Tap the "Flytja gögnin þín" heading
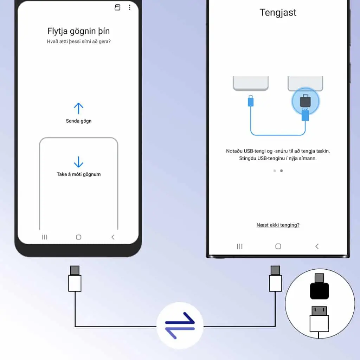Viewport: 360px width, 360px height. click(x=78, y=31)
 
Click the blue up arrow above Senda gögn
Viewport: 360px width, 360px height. click(x=78, y=108)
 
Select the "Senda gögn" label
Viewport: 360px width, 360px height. click(x=78, y=121)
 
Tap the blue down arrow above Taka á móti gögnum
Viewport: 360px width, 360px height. click(x=78, y=162)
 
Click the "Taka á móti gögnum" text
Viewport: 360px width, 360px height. click(x=78, y=174)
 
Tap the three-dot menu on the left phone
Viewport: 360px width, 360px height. click(x=130, y=7)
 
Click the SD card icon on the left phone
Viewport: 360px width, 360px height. click(x=117, y=7)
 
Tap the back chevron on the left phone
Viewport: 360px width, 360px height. click(x=113, y=237)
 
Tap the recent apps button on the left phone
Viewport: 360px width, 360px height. click(x=45, y=237)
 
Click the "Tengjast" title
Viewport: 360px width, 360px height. click(x=278, y=13)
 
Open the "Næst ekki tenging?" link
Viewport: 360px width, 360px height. click(x=278, y=225)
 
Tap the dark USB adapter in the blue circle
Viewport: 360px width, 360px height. click(x=306, y=101)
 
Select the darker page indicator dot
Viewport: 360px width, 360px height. click(x=282, y=171)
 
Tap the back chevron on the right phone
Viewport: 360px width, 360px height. click(x=317, y=246)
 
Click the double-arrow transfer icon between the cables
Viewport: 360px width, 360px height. click(x=180, y=325)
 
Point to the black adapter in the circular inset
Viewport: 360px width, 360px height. click(x=319, y=287)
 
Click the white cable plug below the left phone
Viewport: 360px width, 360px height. click(x=75, y=279)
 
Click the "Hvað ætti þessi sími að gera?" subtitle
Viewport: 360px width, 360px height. click(x=79, y=41)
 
